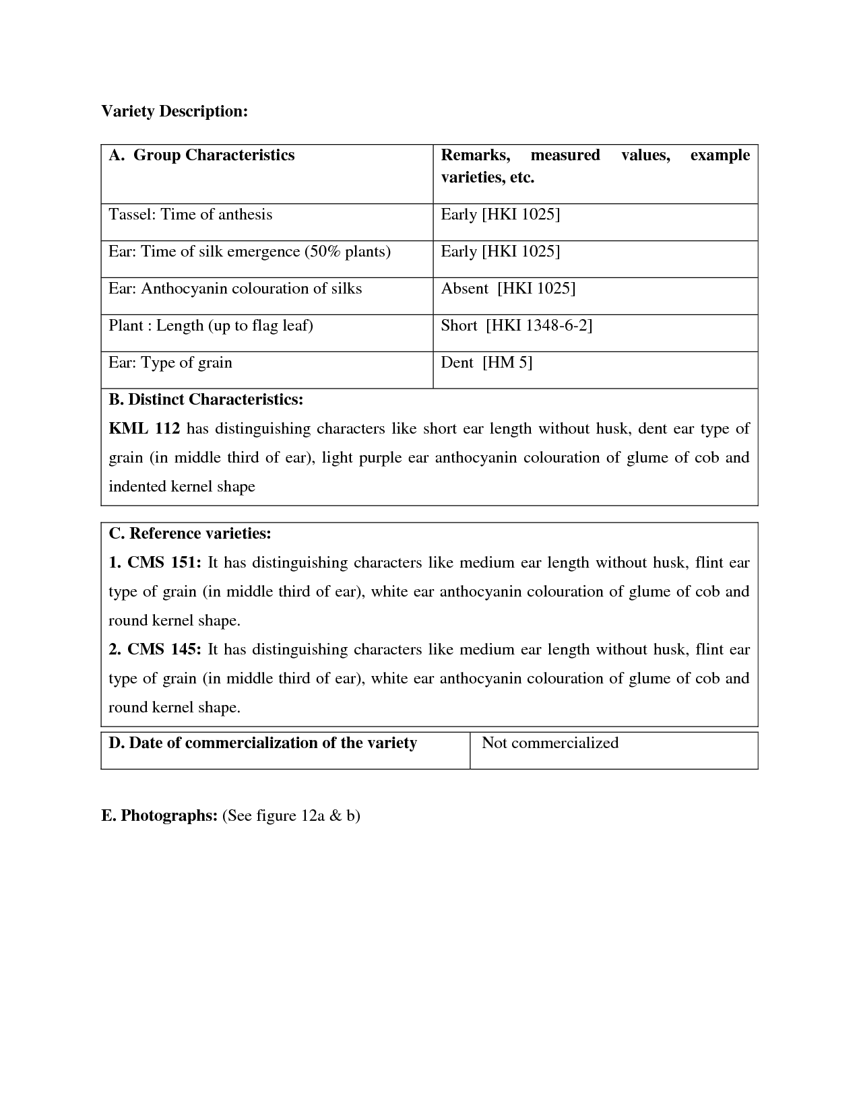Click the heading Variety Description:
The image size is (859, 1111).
tap(174, 111)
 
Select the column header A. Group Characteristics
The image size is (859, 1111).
tap(201, 155)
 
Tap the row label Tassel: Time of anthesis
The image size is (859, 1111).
tap(191, 215)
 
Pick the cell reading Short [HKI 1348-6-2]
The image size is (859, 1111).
tap(516, 326)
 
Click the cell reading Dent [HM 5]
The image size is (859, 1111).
tap(486, 363)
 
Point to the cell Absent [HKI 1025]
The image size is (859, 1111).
tap(508, 289)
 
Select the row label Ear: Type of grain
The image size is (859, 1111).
tap(170, 363)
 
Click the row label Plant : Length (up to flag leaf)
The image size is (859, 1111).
tap(211, 326)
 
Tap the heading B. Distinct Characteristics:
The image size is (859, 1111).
tap(206, 399)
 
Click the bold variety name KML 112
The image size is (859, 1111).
tap(144, 429)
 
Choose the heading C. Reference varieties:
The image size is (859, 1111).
tap(190, 534)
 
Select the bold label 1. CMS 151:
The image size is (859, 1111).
tap(155, 563)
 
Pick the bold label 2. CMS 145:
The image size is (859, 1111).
tap(155, 650)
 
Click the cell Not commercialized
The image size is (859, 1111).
tap(550, 743)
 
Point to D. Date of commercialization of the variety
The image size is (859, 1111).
tap(263, 743)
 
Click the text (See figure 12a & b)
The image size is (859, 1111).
tap(291, 816)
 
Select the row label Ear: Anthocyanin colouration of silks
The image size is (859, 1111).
tap(235, 289)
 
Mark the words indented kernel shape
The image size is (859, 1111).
tap(182, 487)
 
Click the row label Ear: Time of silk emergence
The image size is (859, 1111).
tap(250, 252)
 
